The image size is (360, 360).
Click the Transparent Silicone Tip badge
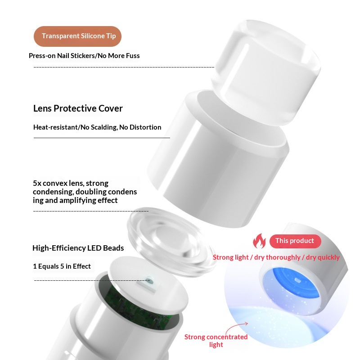tap(77, 36)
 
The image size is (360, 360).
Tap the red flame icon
tap(259, 241)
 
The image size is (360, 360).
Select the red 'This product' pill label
tap(295, 241)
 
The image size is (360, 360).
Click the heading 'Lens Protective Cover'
tap(78, 108)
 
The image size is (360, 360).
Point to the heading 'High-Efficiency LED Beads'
tap(78, 248)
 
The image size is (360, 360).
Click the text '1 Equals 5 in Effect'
tap(62, 266)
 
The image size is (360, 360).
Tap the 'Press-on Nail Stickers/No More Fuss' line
tap(84, 56)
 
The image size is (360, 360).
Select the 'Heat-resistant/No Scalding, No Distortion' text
tap(97, 127)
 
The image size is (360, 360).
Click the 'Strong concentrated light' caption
tap(216, 341)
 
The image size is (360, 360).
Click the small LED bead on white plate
tap(150, 281)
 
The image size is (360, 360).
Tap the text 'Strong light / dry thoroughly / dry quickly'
tap(276, 257)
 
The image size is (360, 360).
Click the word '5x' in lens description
tap(38, 184)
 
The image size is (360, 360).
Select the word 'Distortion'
tap(145, 127)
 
